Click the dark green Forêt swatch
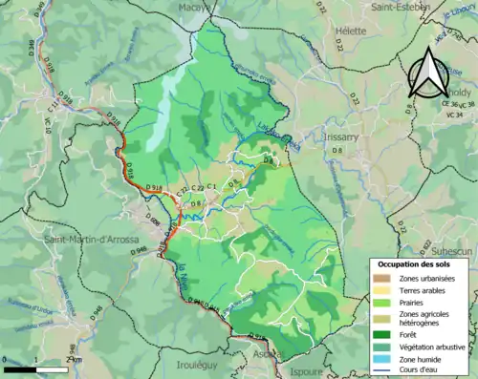pyautogui.click(x=382, y=334)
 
